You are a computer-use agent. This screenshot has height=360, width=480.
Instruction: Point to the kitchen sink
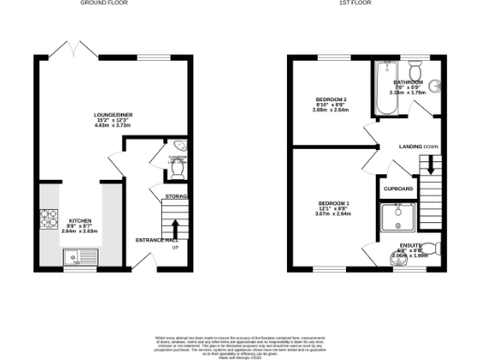[72, 256]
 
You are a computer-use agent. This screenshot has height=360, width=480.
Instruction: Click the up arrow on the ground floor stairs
[174, 228]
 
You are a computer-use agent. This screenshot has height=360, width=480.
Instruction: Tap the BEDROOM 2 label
[330, 99]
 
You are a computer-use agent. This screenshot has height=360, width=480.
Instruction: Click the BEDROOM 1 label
[333, 203]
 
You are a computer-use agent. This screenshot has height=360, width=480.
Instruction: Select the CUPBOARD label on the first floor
[397, 187]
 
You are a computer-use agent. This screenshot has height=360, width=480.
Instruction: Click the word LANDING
[410, 147]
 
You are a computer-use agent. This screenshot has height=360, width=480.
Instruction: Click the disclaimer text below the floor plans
[239, 343]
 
